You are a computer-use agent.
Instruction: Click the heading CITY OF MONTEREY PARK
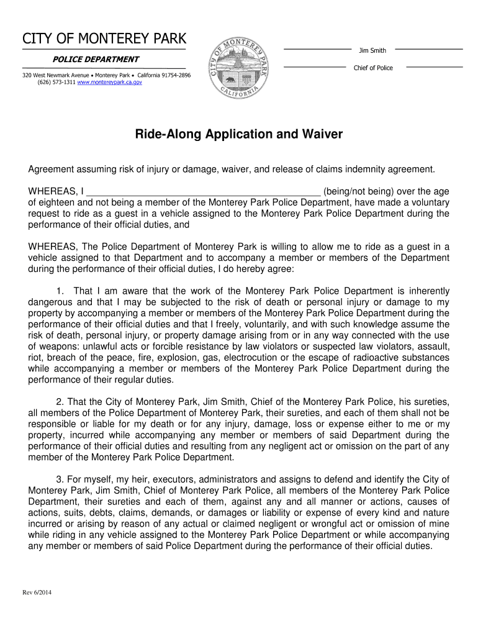(x=104, y=39)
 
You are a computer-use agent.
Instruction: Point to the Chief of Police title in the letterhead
(x=373, y=68)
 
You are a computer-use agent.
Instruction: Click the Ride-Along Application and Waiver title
(x=239, y=134)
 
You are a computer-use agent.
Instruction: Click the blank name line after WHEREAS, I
(x=203, y=191)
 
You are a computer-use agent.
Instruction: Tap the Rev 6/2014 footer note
(x=37, y=592)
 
